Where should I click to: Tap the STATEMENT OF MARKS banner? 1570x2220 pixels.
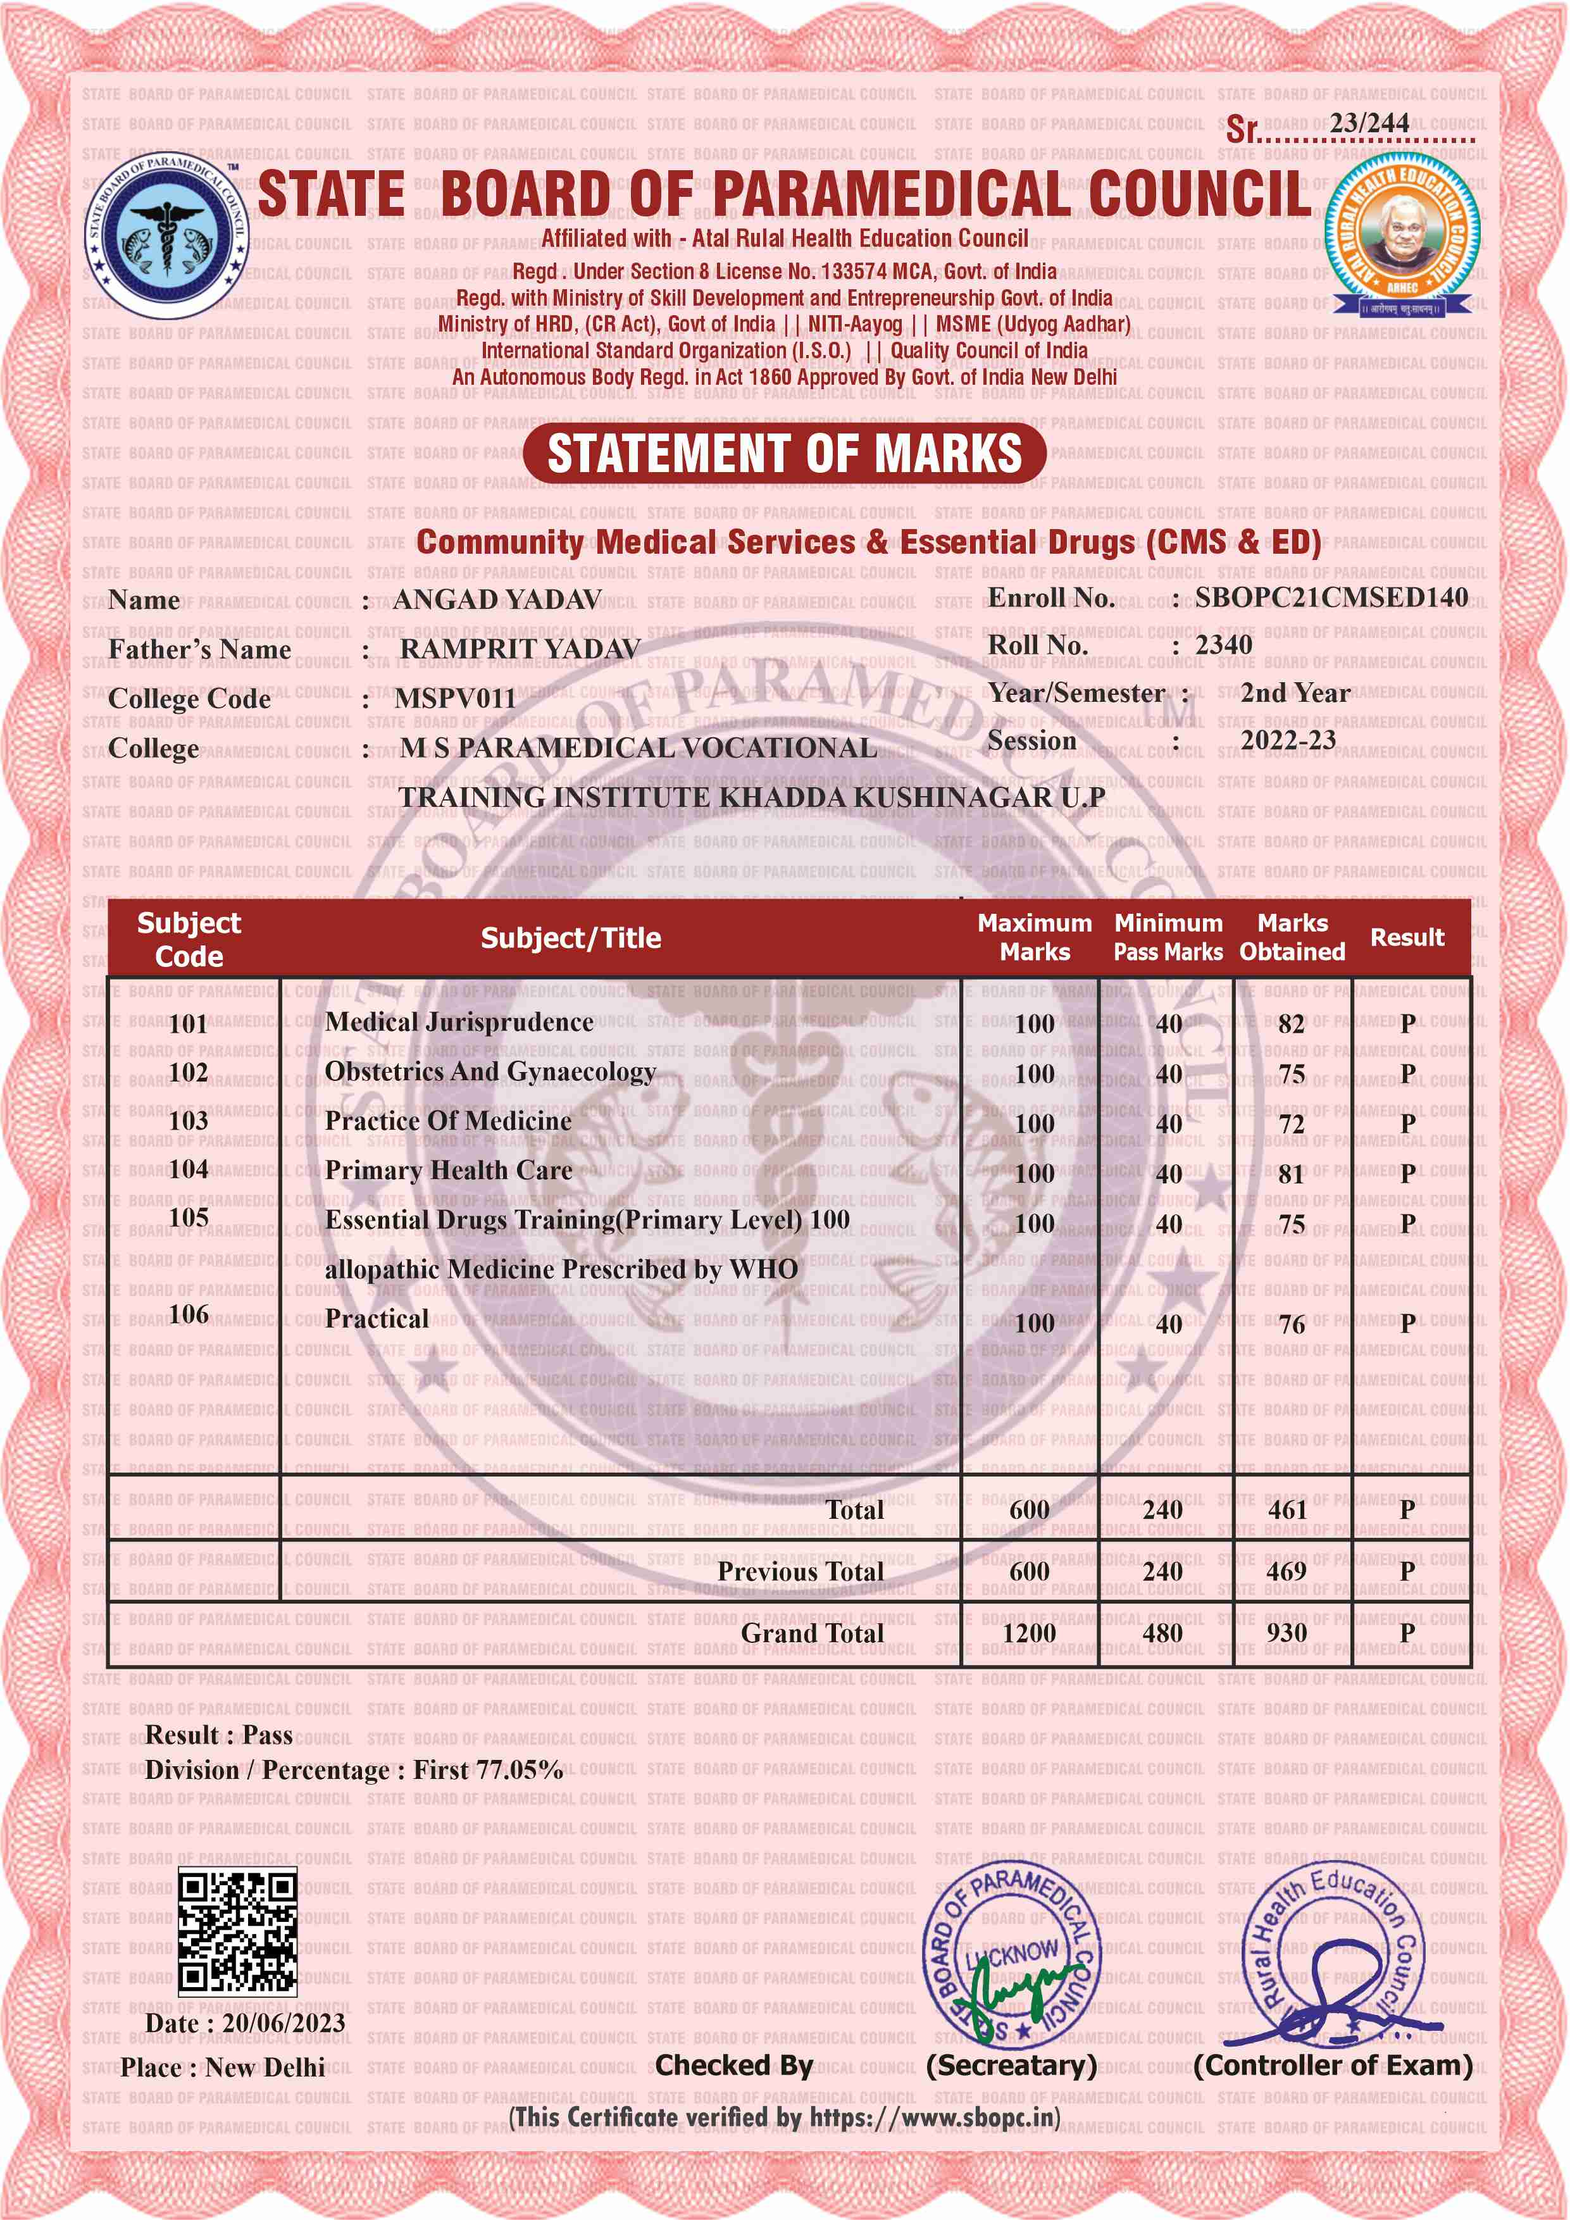(x=784, y=454)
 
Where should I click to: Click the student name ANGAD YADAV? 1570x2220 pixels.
(x=497, y=601)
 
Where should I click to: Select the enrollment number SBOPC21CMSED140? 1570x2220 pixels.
(x=1331, y=597)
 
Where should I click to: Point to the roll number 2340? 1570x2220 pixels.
(x=1223, y=645)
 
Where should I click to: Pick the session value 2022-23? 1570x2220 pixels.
(x=1288, y=740)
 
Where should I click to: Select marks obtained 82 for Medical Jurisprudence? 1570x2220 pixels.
(x=1290, y=1024)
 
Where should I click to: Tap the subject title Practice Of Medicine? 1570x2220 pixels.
(x=447, y=1121)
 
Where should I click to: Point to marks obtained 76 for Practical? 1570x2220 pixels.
(x=1292, y=1324)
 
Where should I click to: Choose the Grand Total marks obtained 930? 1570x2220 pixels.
(x=1287, y=1633)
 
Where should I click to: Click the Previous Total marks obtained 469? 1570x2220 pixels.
(x=1287, y=1571)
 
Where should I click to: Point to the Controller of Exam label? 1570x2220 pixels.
(x=1332, y=2066)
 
